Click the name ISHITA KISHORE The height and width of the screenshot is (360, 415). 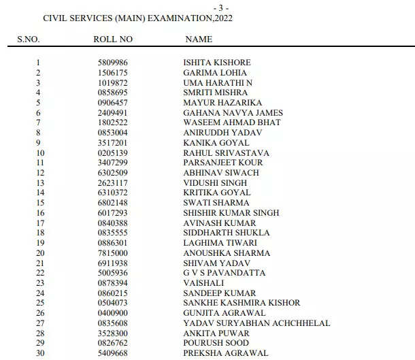point(217,63)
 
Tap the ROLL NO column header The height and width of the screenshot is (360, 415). point(113,39)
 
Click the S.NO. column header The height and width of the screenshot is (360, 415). point(29,39)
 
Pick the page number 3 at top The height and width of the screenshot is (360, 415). point(222,7)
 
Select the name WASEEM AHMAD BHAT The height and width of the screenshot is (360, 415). point(232,122)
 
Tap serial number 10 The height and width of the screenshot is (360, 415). point(39,153)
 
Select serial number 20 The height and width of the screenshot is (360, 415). point(39,253)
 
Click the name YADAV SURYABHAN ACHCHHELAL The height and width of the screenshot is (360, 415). point(256,323)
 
